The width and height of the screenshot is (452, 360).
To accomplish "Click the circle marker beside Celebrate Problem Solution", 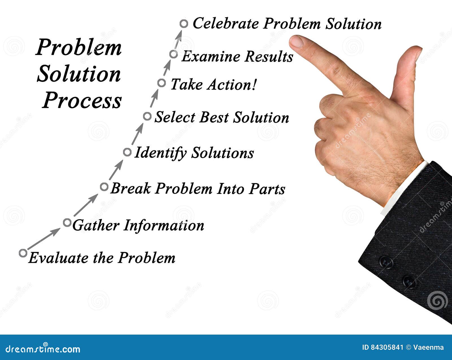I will click(x=184, y=24).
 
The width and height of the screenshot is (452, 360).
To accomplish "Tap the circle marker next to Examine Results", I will click(x=174, y=54).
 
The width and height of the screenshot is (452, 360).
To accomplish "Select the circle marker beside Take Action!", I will click(x=162, y=83).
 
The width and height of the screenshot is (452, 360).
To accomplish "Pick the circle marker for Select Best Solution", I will click(x=147, y=116).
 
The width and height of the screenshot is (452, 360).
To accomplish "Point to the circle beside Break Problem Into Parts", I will click(x=104, y=187).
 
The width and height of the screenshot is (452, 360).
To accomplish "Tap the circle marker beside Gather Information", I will click(x=67, y=222).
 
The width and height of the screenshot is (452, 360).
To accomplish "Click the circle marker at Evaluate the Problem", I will click(x=23, y=253).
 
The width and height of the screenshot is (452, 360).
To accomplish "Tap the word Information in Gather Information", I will click(x=164, y=226).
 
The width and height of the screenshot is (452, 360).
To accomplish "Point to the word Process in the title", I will click(x=82, y=101).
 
